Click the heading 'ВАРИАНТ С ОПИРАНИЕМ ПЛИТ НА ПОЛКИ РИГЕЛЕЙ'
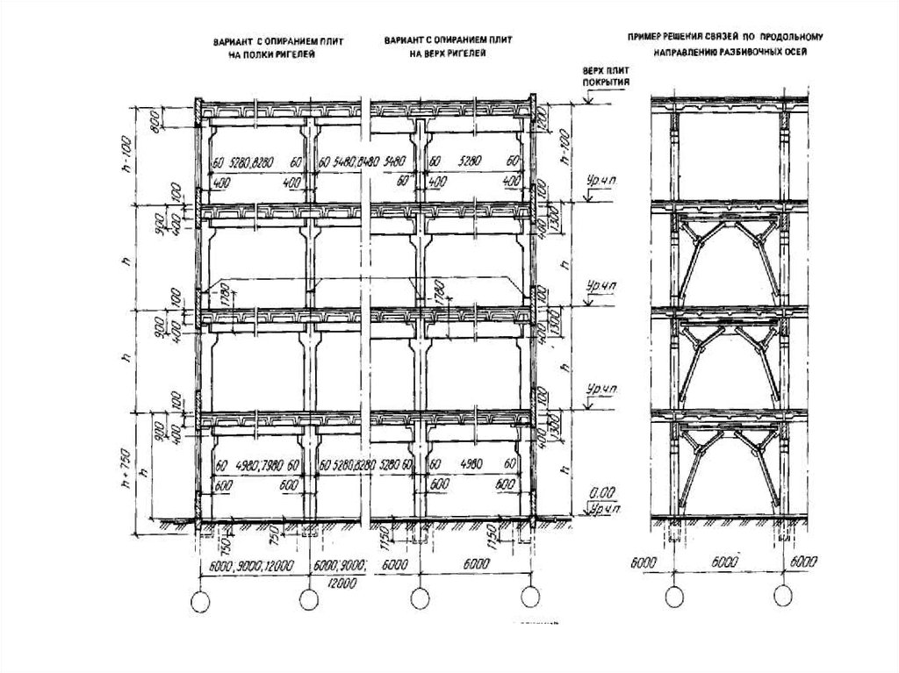[x=263, y=48]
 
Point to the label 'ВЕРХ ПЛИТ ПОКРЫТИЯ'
[x=599, y=78]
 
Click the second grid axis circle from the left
[x=308, y=599]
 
